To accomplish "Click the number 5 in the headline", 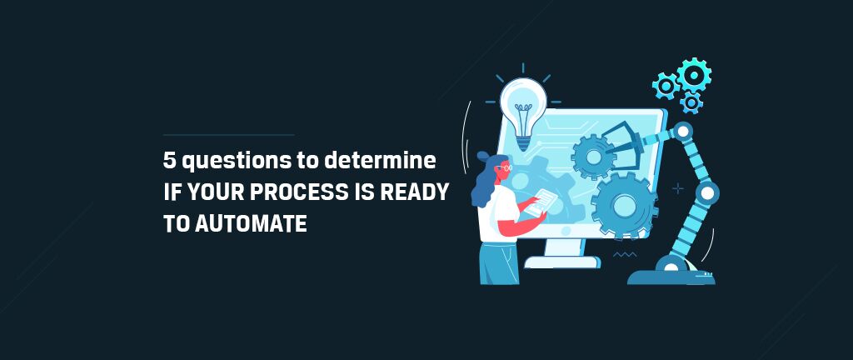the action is tap(169, 161).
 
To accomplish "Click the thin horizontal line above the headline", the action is tap(228, 134).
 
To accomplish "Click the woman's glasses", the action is tap(506, 167).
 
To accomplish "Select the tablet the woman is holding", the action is tap(541, 202).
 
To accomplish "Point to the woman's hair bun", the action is tap(483, 157).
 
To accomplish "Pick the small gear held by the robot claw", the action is tap(593, 157).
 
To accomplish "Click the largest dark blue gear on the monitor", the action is tap(625, 205).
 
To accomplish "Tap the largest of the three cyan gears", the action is tap(694, 75).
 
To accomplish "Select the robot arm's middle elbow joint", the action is tap(706, 192).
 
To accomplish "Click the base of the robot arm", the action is tap(671, 275).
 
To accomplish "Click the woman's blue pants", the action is tap(498, 263).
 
